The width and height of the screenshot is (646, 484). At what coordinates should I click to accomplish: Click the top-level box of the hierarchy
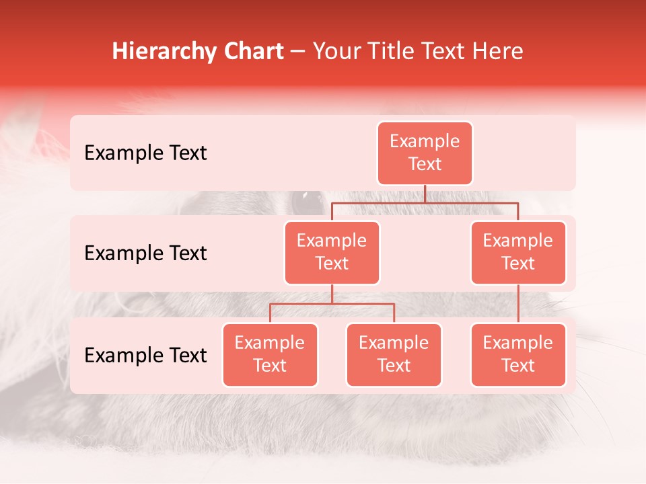[425, 153]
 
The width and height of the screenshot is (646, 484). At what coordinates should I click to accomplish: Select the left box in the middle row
[332, 252]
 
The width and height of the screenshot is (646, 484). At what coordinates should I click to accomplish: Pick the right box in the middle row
[518, 252]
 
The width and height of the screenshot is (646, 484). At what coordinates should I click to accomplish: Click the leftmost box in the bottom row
[270, 354]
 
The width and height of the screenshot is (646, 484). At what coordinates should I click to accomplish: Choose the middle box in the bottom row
[394, 354]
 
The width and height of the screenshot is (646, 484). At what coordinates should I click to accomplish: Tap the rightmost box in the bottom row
[518, 354]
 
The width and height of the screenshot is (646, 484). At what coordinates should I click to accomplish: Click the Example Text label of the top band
[145, 153]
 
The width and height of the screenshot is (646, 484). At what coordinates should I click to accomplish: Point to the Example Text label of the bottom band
[145, 355]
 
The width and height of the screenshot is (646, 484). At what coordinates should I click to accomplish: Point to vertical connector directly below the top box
[425, 193]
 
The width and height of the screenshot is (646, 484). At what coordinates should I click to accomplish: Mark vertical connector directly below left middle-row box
[332, 294]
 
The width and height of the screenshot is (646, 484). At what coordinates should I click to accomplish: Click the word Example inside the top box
[425, 141]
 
